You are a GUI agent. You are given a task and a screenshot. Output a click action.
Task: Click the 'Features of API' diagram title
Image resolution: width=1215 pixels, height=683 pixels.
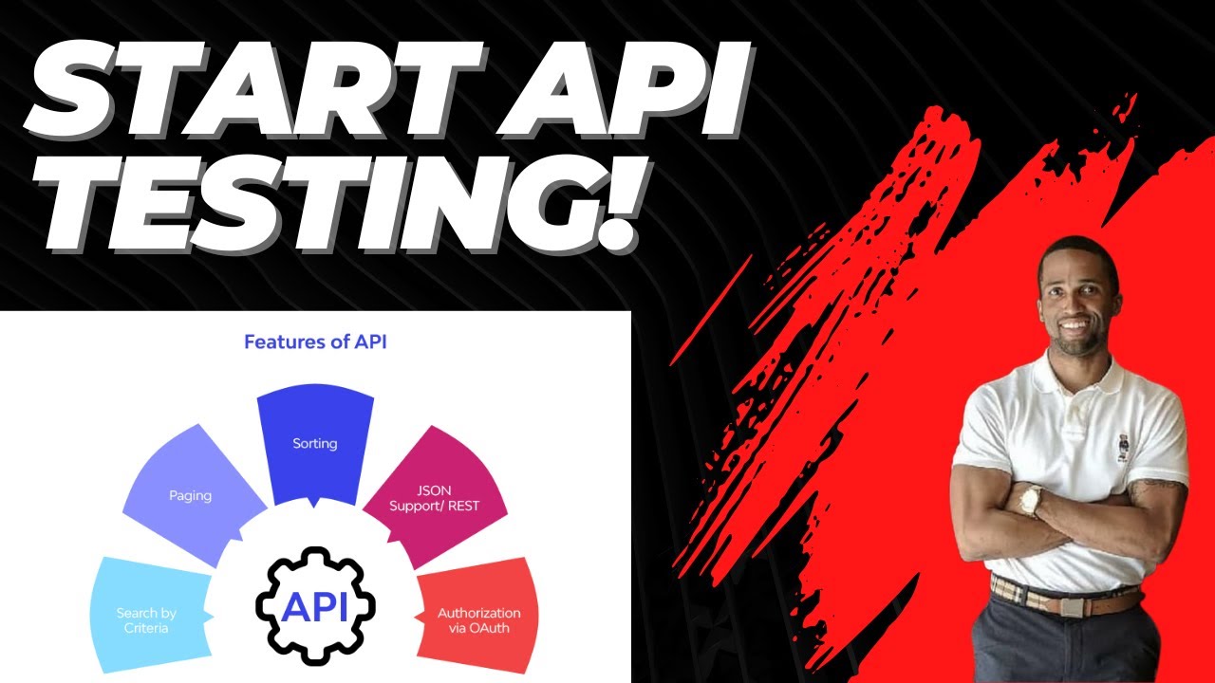coord(315,341)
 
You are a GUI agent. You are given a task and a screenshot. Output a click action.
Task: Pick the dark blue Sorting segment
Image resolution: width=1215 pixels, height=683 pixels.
coord(315,446)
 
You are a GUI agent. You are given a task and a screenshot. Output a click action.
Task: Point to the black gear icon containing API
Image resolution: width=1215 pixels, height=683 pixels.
coord(315,605)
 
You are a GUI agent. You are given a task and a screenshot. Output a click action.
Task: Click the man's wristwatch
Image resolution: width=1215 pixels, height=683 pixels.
coord(1031,499)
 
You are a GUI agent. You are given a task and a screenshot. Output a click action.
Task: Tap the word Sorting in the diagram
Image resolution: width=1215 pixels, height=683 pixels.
coord(315,443)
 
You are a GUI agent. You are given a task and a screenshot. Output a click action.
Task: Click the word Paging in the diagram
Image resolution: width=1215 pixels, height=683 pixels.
coord(190,495)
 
